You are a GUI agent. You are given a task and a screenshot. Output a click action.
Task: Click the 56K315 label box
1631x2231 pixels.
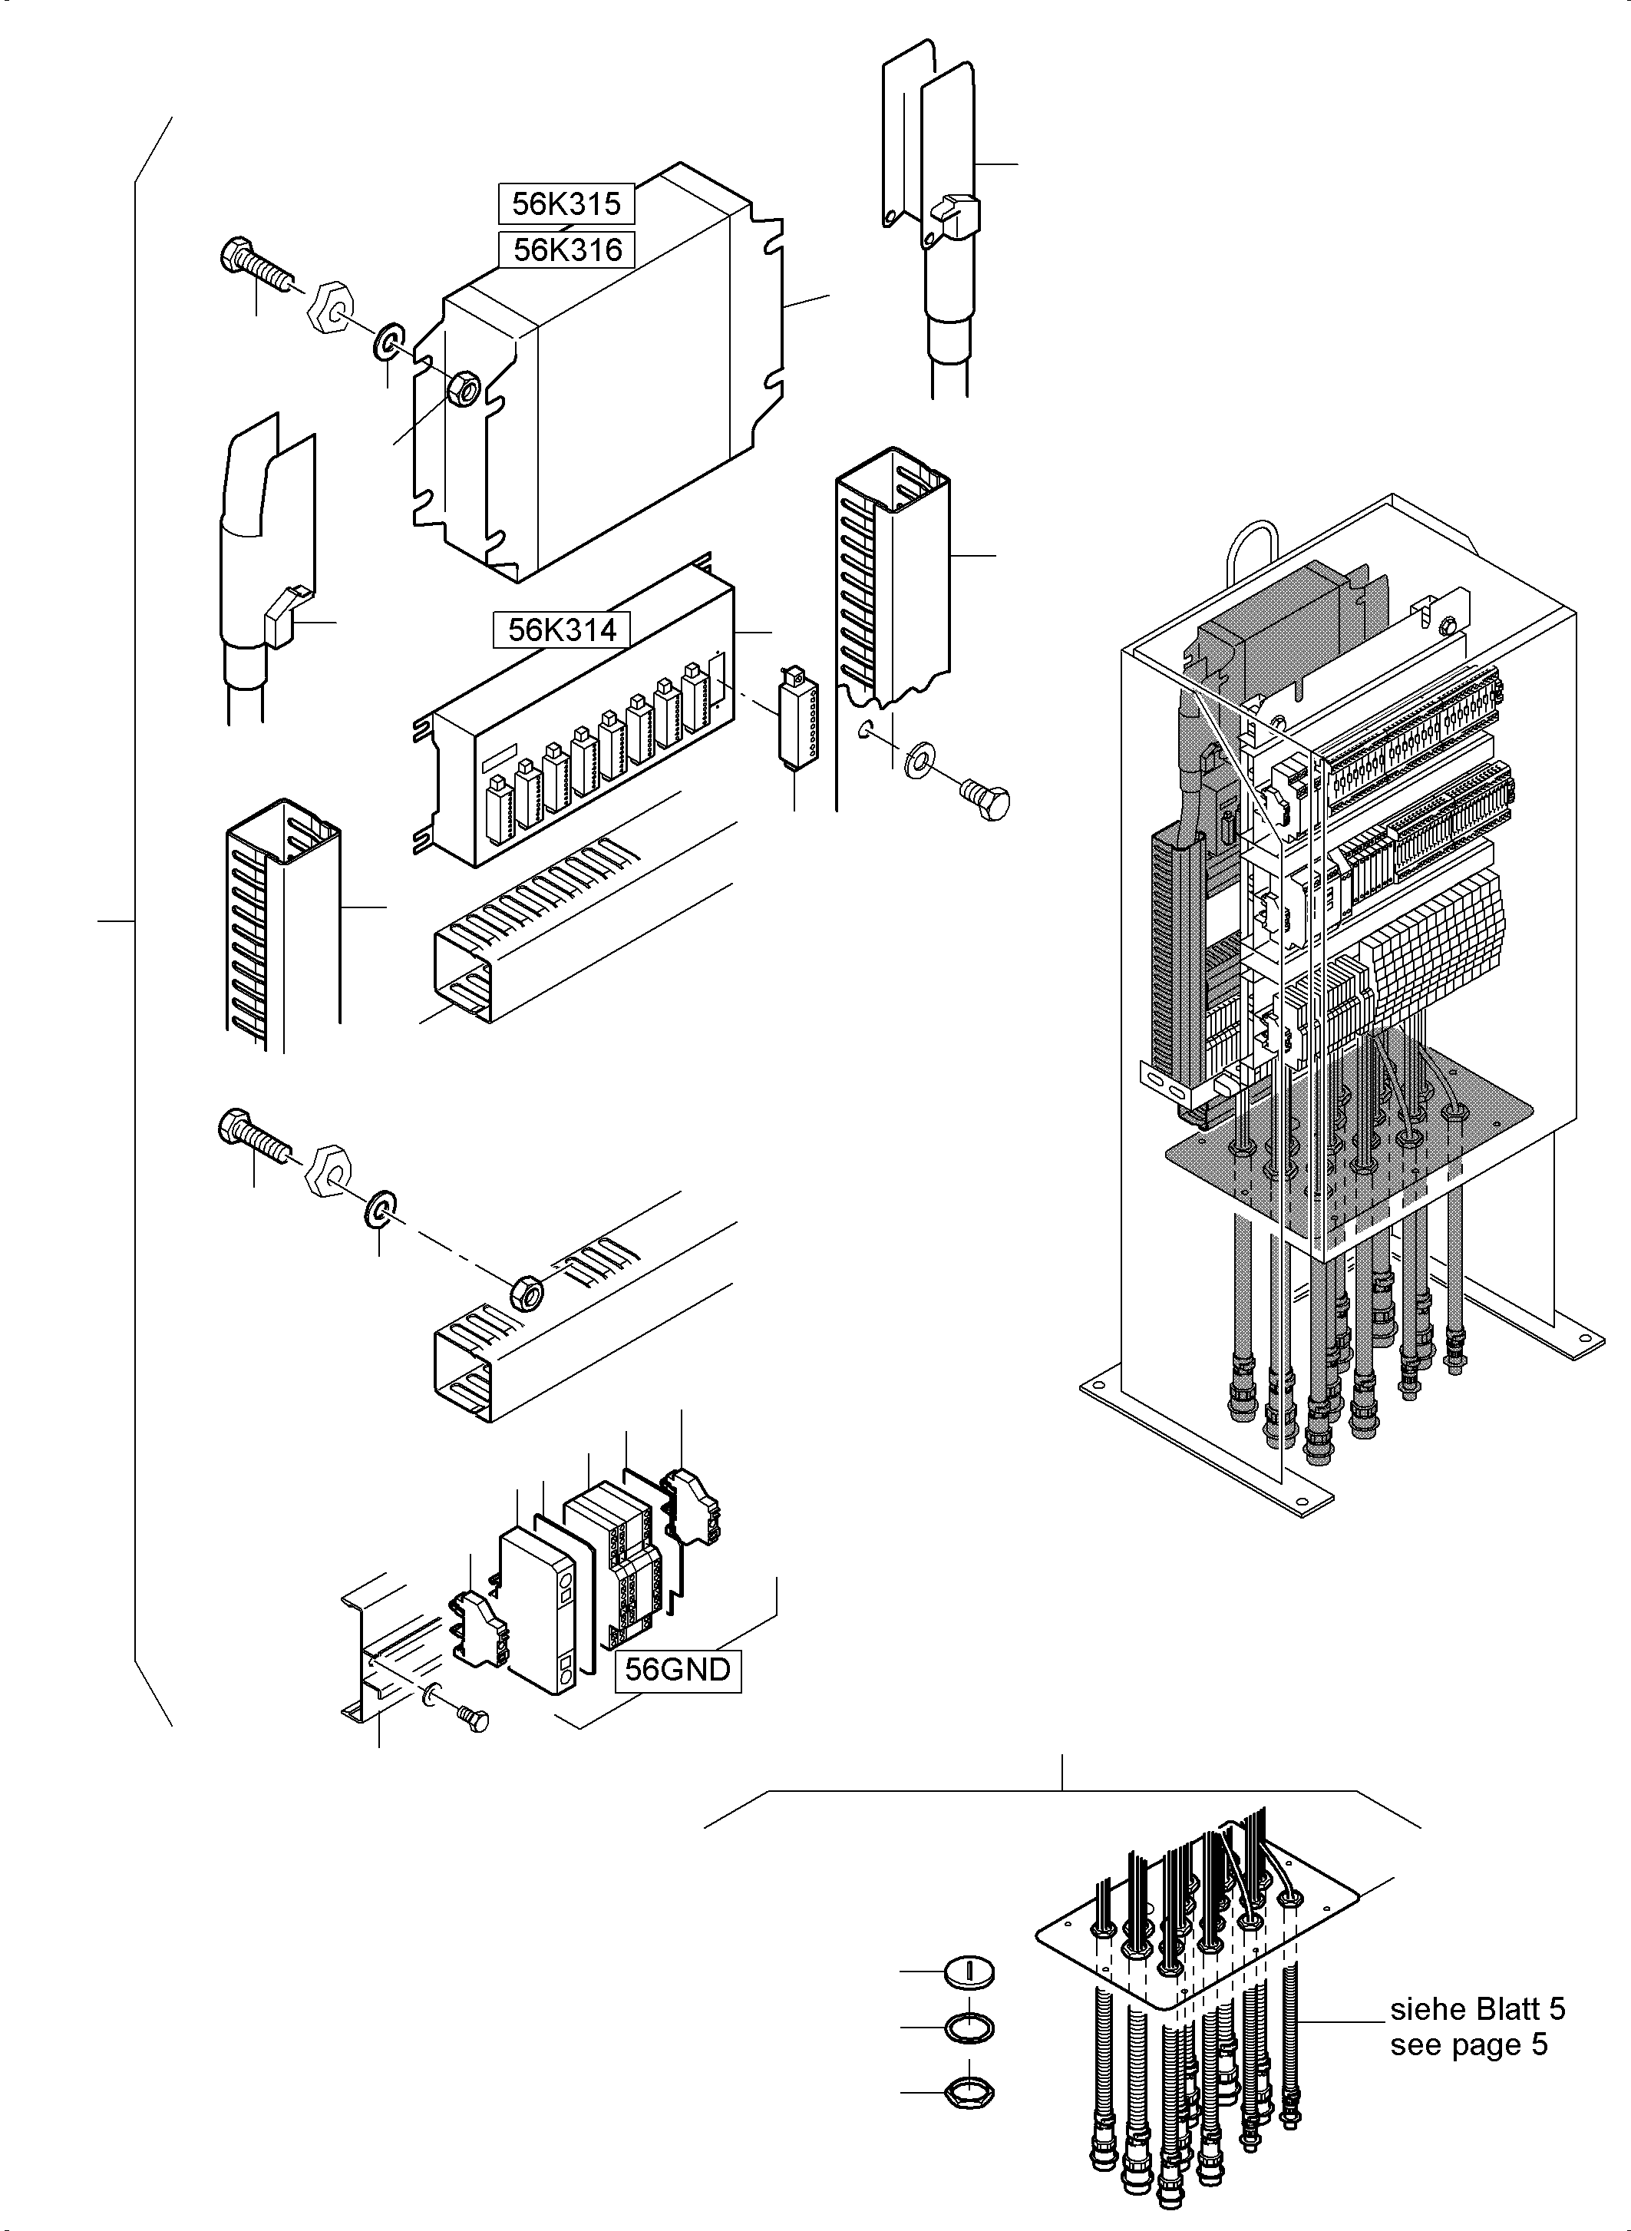point(566,203)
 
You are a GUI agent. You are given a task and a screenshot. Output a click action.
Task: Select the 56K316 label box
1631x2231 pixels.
point(566,250)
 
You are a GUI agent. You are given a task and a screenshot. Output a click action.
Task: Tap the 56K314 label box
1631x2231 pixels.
point(562,629)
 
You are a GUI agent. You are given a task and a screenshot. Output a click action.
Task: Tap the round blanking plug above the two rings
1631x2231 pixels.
point(969,1973)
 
